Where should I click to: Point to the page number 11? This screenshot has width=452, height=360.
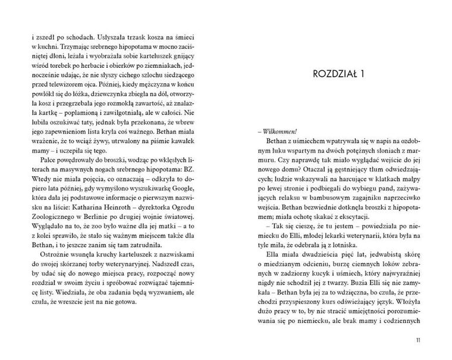point(421,340)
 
